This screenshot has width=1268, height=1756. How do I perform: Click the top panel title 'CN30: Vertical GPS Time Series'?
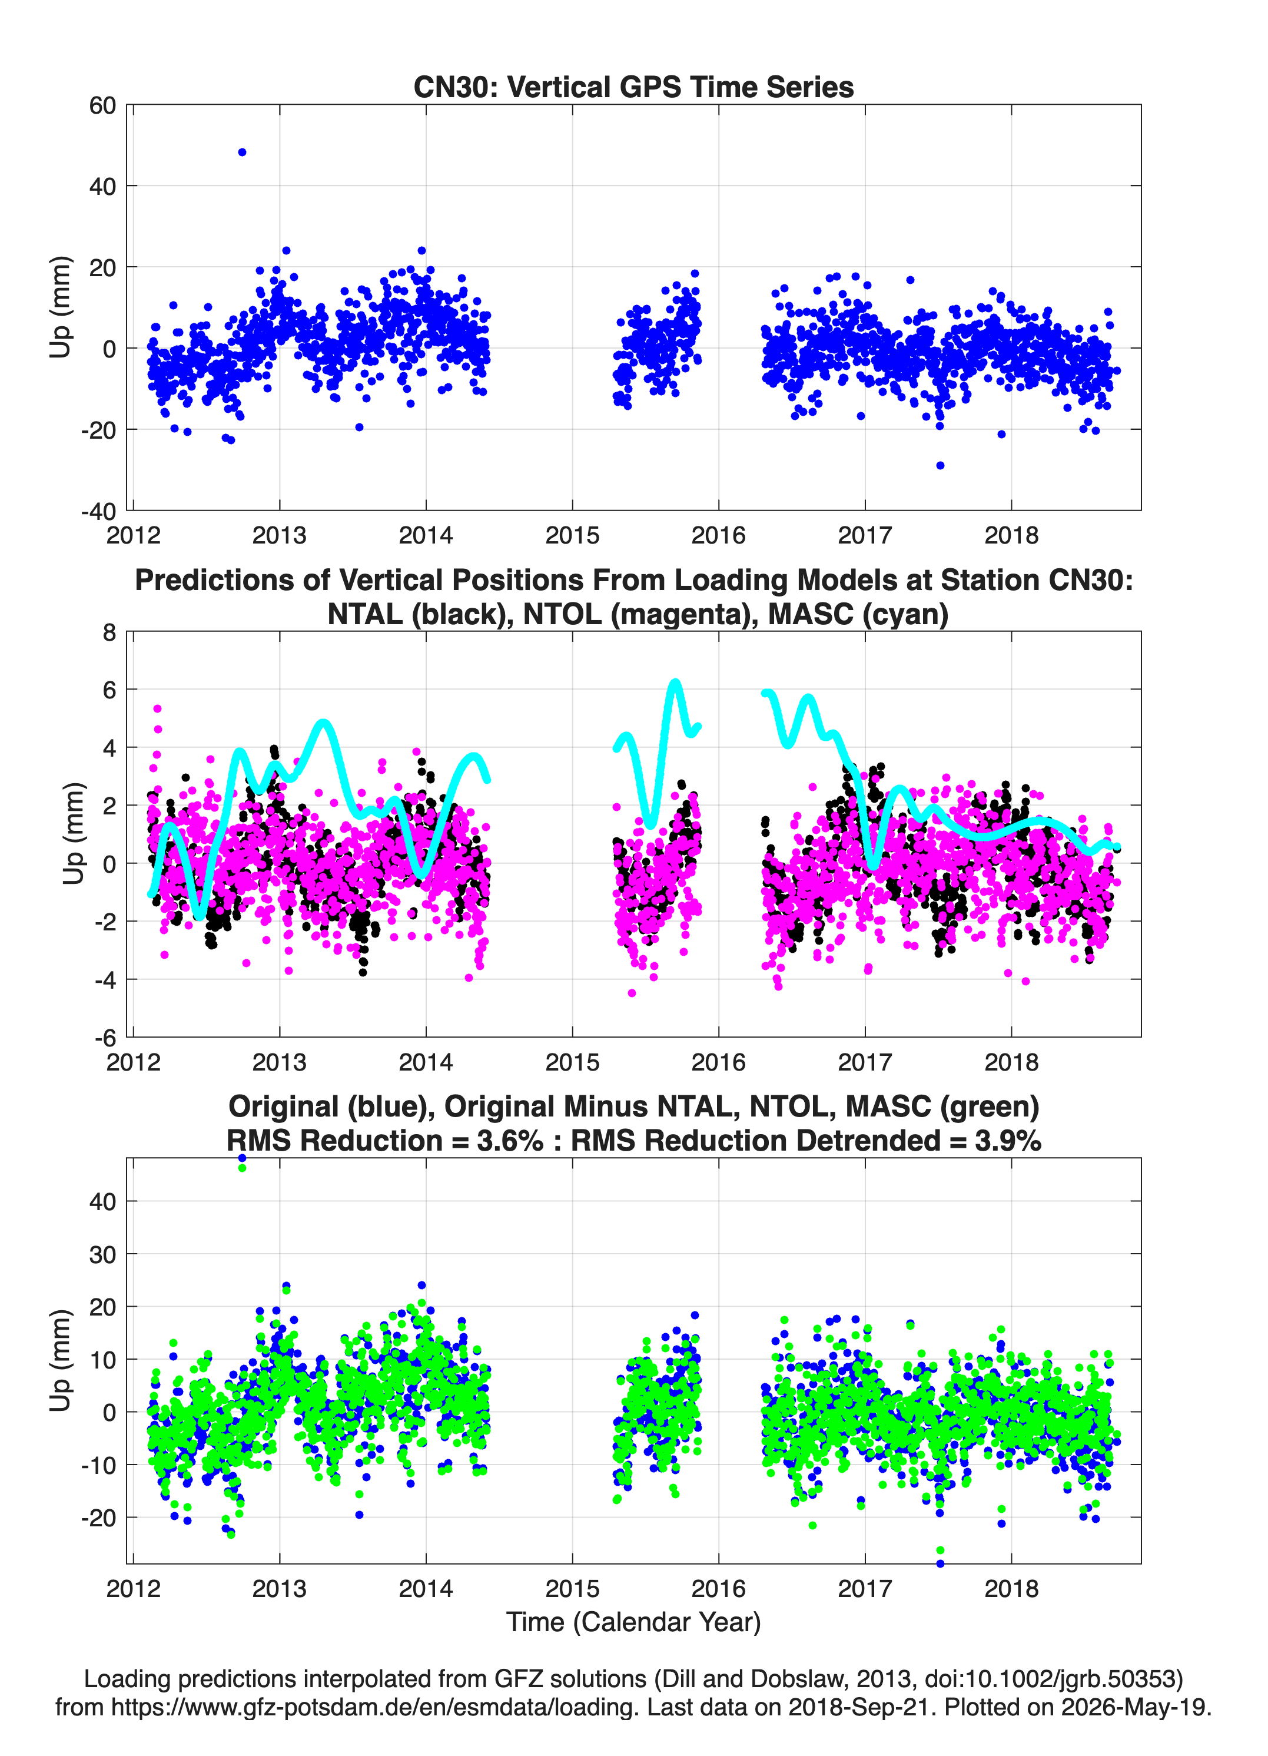point(633,87)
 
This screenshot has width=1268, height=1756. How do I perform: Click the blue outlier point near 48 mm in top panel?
point(243,153)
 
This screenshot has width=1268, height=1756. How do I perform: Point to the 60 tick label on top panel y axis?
point(103,105)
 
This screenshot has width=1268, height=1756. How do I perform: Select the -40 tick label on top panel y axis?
point(98,511)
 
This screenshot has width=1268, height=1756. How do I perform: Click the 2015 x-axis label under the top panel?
point(572,535)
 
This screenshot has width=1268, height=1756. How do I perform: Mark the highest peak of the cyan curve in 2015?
point(675,682)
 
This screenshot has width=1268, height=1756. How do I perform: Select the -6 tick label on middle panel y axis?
point(105,1038)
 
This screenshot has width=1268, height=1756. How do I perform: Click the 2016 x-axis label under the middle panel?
point(718,1062)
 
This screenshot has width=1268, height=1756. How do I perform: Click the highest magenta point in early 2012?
point(157,708)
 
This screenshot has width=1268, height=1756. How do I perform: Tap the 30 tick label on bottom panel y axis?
point(103,1254)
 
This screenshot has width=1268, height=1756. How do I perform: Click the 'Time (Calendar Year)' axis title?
point(634,1622)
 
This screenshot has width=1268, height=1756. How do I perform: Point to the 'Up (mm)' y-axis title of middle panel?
point(73,834)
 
